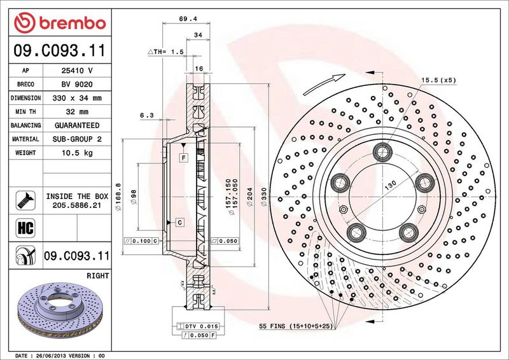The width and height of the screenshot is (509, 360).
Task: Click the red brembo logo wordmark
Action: (60, 23)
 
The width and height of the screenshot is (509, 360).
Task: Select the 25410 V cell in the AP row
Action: (77, 71)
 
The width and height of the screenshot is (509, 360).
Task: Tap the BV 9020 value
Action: (77, 85)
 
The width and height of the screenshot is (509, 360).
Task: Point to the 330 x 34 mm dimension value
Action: (77, 98)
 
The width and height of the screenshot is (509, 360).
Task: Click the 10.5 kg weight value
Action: (77, 153)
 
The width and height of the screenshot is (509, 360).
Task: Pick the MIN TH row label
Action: (25, 112)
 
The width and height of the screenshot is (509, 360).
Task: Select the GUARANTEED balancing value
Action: (77, 125)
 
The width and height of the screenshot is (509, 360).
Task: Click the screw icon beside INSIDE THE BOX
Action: (25, 200)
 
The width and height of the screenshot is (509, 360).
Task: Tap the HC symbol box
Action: (25, 228)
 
